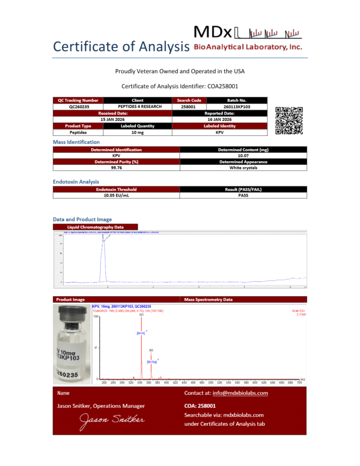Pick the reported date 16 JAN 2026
[x=220, y=119]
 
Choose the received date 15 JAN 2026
[x=113, y=119]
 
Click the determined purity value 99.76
[x=116, y=168]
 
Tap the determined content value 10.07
[x=243, y=156]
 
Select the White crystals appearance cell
[x=243, y=168]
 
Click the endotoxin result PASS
[x=243, y=195]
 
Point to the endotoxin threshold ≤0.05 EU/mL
[x=116, y=195]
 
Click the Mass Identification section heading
[x=77, y=142]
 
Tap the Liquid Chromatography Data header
[x=96, y=227]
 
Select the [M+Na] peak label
[x=152, y=362]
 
